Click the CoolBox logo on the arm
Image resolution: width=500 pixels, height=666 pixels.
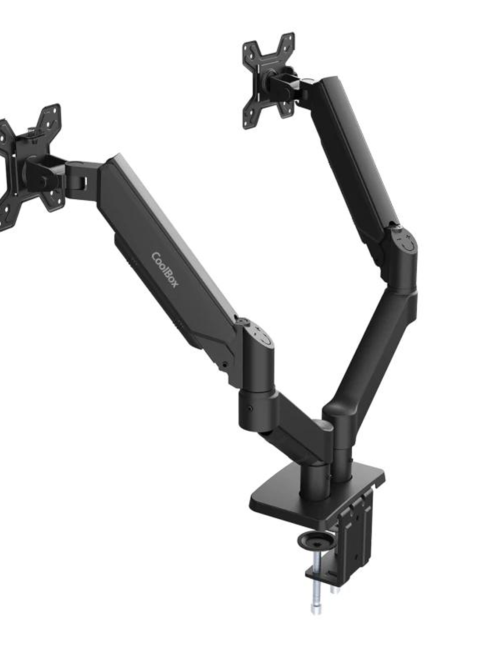pyautogui.click(x=165, y=270)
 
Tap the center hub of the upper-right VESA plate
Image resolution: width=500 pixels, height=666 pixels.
pyautogui.click(x=268, y=81)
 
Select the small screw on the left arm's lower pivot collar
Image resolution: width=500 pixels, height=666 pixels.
pyautogui.click(x=250, y=409)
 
